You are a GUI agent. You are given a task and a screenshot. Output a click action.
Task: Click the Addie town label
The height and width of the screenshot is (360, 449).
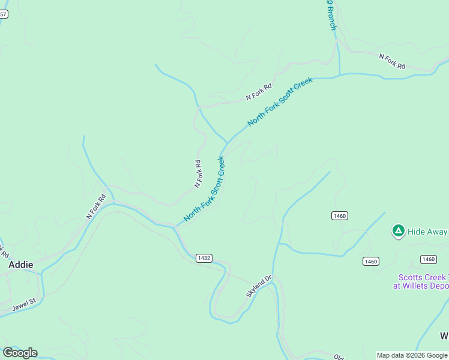pyautogui.click(x=20, y=264)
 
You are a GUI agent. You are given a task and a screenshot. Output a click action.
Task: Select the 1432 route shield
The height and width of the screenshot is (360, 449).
pyautogui.click(x=203, y=258)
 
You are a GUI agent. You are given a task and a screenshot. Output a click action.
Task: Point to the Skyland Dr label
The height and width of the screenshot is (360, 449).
pyautogui.click(x=259, y=287)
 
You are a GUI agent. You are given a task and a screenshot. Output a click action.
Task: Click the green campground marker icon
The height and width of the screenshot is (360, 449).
pyautogui.click(x=397, y=230)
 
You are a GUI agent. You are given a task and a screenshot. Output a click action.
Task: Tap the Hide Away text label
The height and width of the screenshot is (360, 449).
pyautogui.click(x=427, y=232)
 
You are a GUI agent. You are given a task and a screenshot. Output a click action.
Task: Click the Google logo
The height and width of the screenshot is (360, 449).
pyautogui.click(x=20, y=353)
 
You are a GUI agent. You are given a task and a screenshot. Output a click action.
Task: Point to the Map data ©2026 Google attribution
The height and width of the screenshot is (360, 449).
pyautogui.click(x=412, y=355)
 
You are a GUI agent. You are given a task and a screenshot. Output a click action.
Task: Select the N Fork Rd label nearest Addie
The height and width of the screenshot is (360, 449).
pyautogui.click(x=96, y=206)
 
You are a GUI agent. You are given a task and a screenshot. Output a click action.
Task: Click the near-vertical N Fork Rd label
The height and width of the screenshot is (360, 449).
pyautogui.click(x=198, y=173)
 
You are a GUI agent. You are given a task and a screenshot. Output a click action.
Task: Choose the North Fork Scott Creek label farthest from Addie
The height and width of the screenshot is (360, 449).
pyautogui.click(x=280, y=101)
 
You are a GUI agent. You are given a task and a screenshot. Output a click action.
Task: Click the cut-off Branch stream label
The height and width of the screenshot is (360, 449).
pyautogui.click(x=331, y=16)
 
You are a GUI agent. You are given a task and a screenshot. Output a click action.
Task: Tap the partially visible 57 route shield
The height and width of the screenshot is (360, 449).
pyautogui.click(x=3, y=14)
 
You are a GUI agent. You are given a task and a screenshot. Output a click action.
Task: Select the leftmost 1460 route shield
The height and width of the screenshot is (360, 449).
pyautogui.click(x=339, y=216)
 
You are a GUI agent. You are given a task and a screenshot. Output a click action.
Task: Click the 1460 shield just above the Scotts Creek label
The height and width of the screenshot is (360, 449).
pyautogui.click(x=428, y=259)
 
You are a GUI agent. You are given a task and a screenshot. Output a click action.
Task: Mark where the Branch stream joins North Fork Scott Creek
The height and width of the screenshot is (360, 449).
pyautogui.click(x=340, y=76)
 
